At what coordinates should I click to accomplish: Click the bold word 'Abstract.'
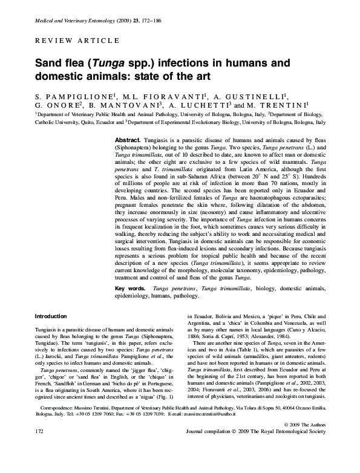pyautogui.click(x=128, y=139)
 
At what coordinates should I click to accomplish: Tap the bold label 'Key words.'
pyautogui.click(x=130, y=289)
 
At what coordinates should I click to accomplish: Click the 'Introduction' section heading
pyautogui.click(x=51, y=316)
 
